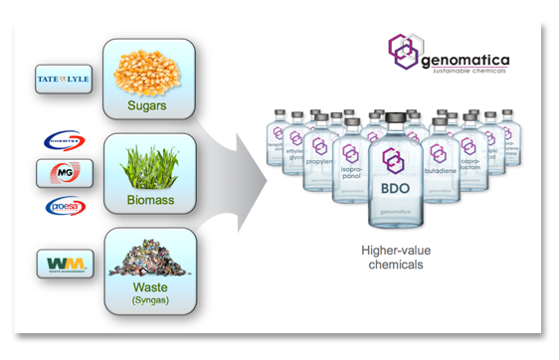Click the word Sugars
pos(145,103)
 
